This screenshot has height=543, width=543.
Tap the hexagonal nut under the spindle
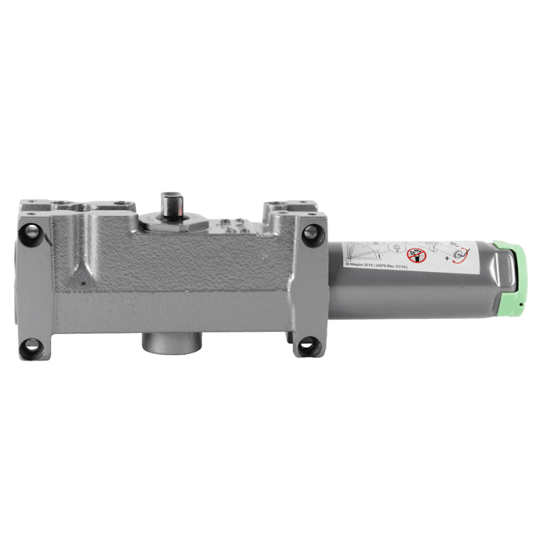click(172, 220)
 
